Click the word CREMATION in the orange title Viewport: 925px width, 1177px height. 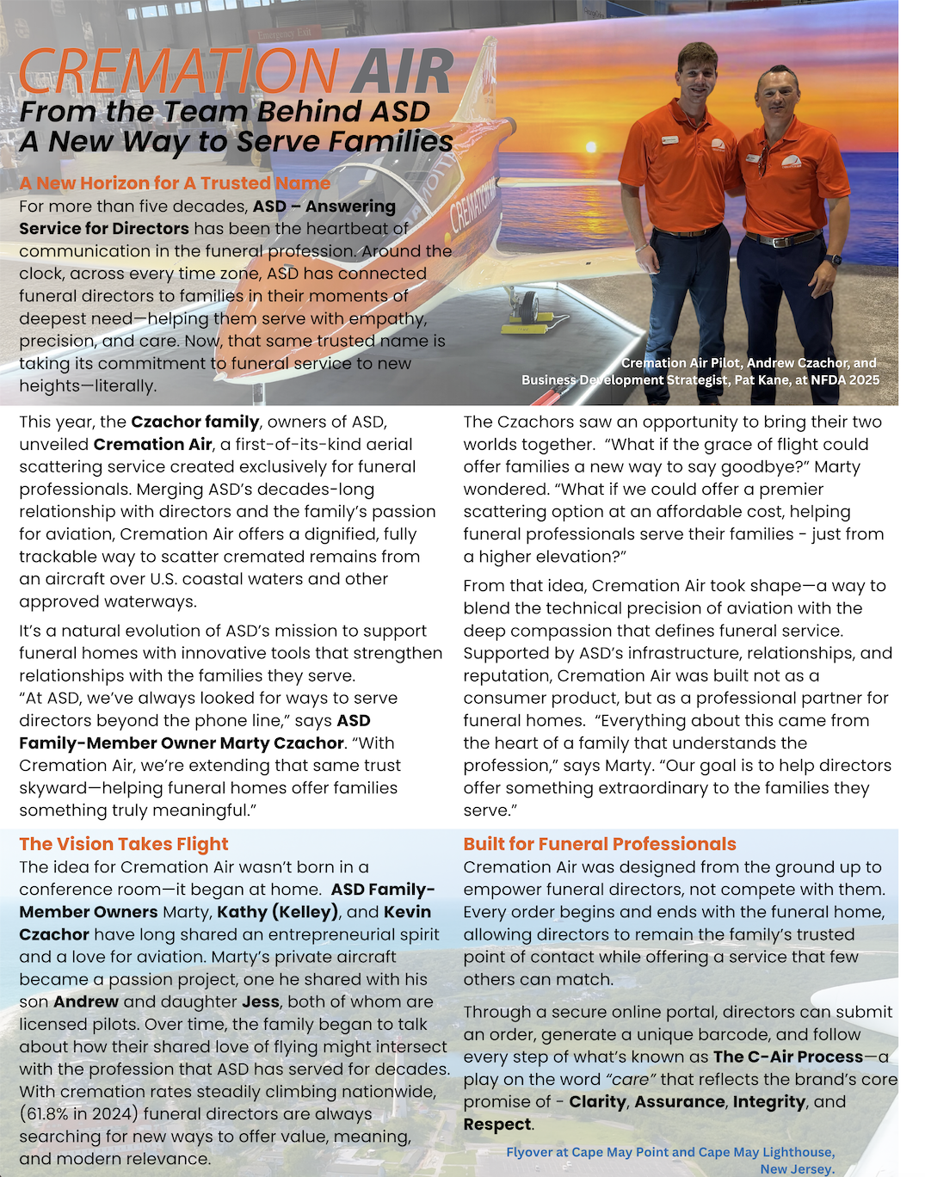point(179,71)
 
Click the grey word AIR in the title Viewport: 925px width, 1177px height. point(402,71)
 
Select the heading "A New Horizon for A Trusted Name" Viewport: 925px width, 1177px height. point(175,183)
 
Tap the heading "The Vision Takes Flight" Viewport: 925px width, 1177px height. point(124,844)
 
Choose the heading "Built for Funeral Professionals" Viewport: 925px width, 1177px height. point(600,844)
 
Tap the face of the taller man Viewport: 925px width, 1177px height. point(696,73)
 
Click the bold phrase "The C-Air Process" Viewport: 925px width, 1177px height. point(787,1057)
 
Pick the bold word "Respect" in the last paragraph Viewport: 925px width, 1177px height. point(496,1125)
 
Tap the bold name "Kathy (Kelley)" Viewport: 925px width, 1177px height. point(276,912)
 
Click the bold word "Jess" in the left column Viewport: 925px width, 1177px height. point(260,1001)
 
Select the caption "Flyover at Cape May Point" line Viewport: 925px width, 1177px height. point(669,1152)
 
